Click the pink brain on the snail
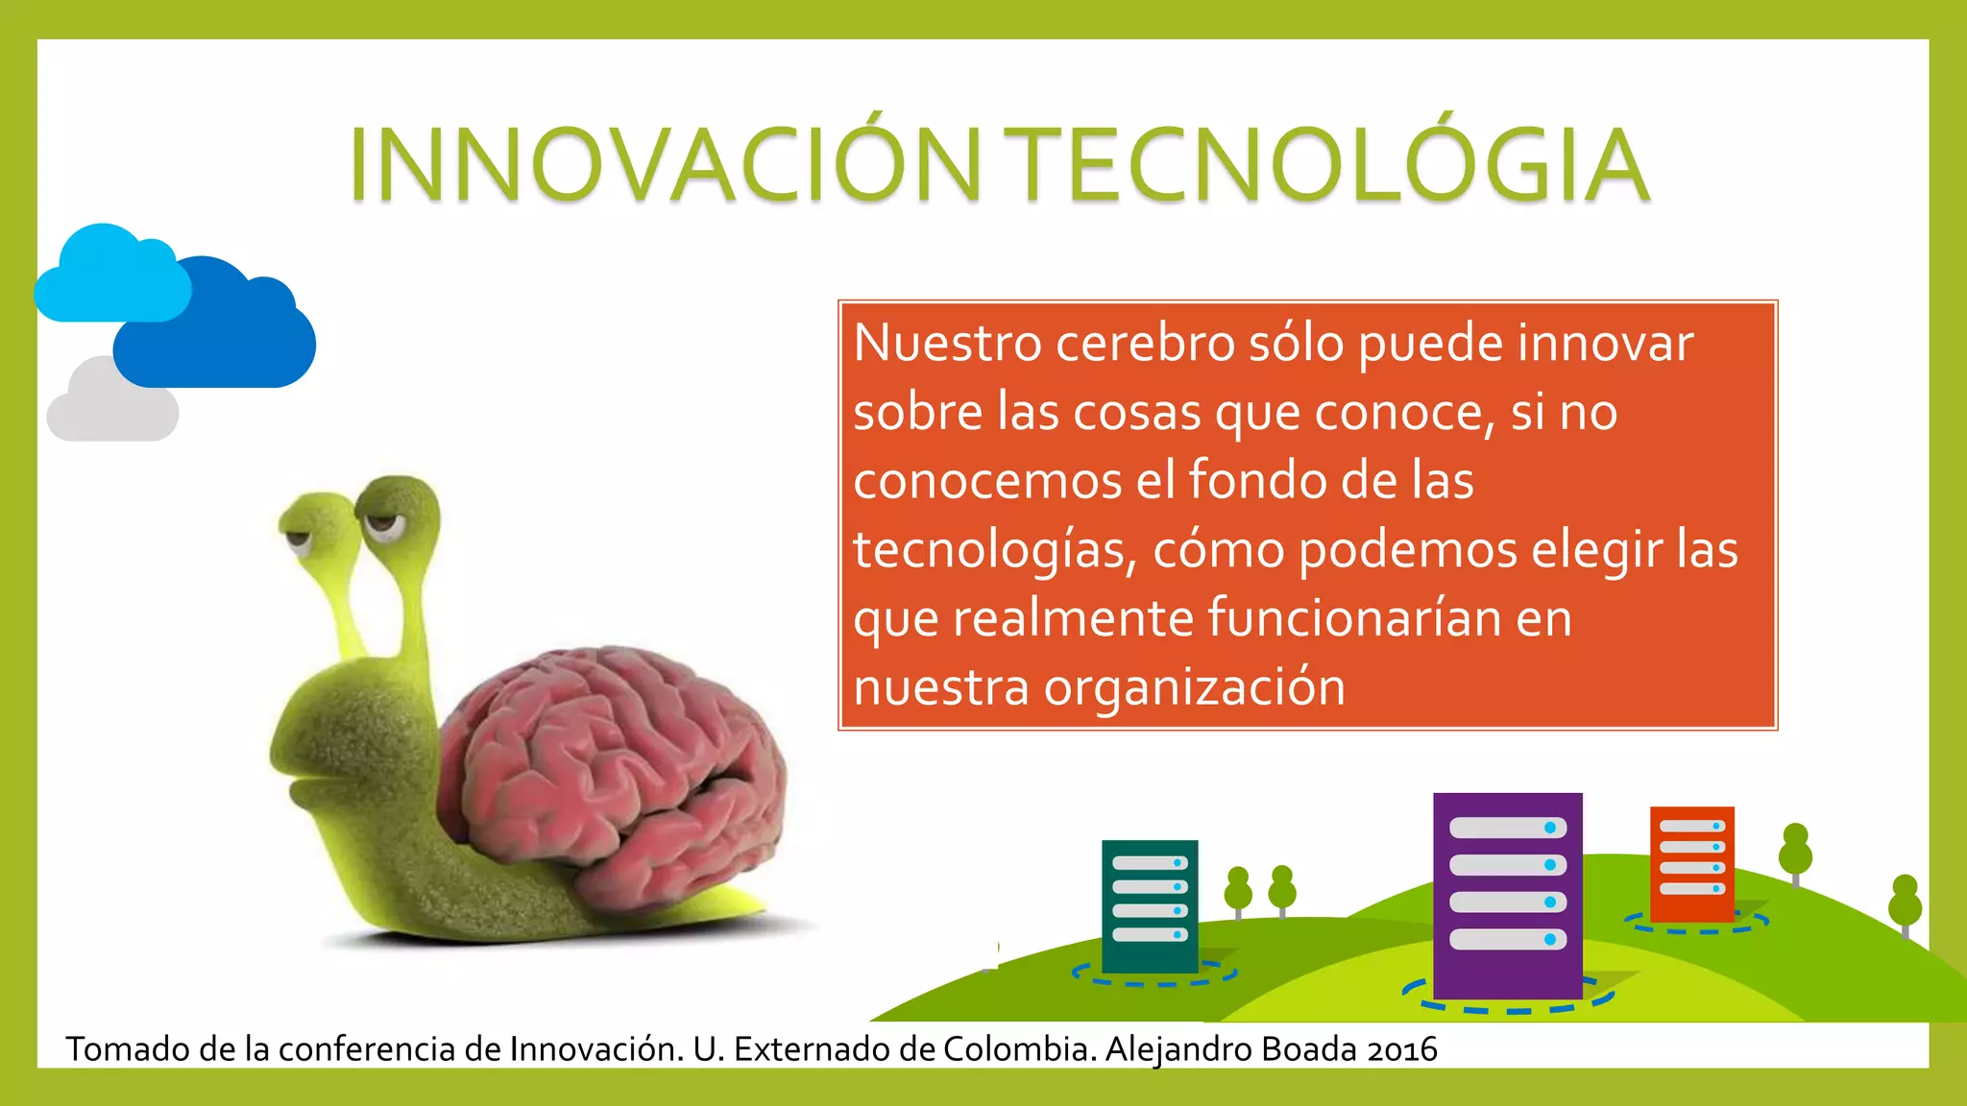pyautogui.click(x=615, y=768)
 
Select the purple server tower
pyautogui.click(x=1507, y=893)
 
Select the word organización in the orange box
pyautogui.click(x=1195, y=688)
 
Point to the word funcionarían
pyautogui.click(x=1354, y=619)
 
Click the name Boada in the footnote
pyautogui.click(x=1311, y=1049)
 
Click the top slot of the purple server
pyautogui.click(x=1507, y=828)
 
